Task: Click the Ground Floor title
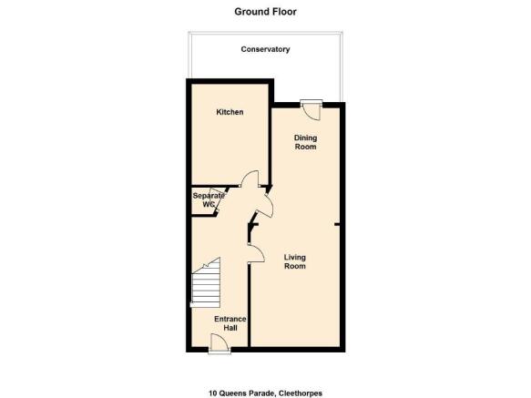click(265, 12)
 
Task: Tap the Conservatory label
click(265, 49)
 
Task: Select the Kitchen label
click(230, 112)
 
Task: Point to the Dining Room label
click(305, 142)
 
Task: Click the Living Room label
click(294, 261)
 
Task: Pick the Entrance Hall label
click(230, 323)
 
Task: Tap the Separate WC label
click(209, 200)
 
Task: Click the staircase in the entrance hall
click(206, 283)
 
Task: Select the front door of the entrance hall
click(220, 343)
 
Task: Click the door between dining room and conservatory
click(311, 109)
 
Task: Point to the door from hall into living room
click(256, 252)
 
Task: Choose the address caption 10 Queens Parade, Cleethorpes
click(265, 393)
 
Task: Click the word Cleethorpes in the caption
click(301, 393)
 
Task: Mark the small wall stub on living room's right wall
click(337, 224)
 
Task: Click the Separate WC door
click(217, 200)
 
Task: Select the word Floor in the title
click(285, 12)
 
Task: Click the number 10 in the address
click(212, 393)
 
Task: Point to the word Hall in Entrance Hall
click(230, 328)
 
